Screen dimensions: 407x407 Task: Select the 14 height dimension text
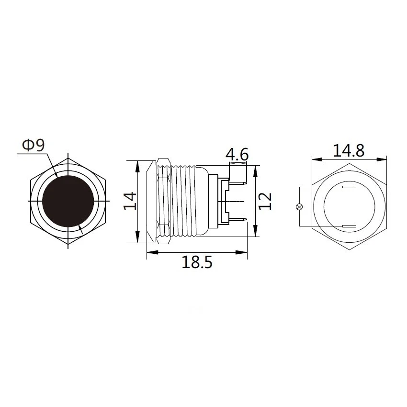129,201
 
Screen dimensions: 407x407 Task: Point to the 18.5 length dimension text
196,262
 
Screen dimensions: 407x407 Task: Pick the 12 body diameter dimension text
265,201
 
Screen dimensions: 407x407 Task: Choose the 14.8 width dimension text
349,150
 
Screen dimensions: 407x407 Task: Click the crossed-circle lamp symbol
300,207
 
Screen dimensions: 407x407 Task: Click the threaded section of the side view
184,201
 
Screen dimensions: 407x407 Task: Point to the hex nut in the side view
163,201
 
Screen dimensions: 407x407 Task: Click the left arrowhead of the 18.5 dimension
149,252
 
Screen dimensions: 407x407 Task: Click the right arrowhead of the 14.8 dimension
384,158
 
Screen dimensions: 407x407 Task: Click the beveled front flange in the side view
151,201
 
